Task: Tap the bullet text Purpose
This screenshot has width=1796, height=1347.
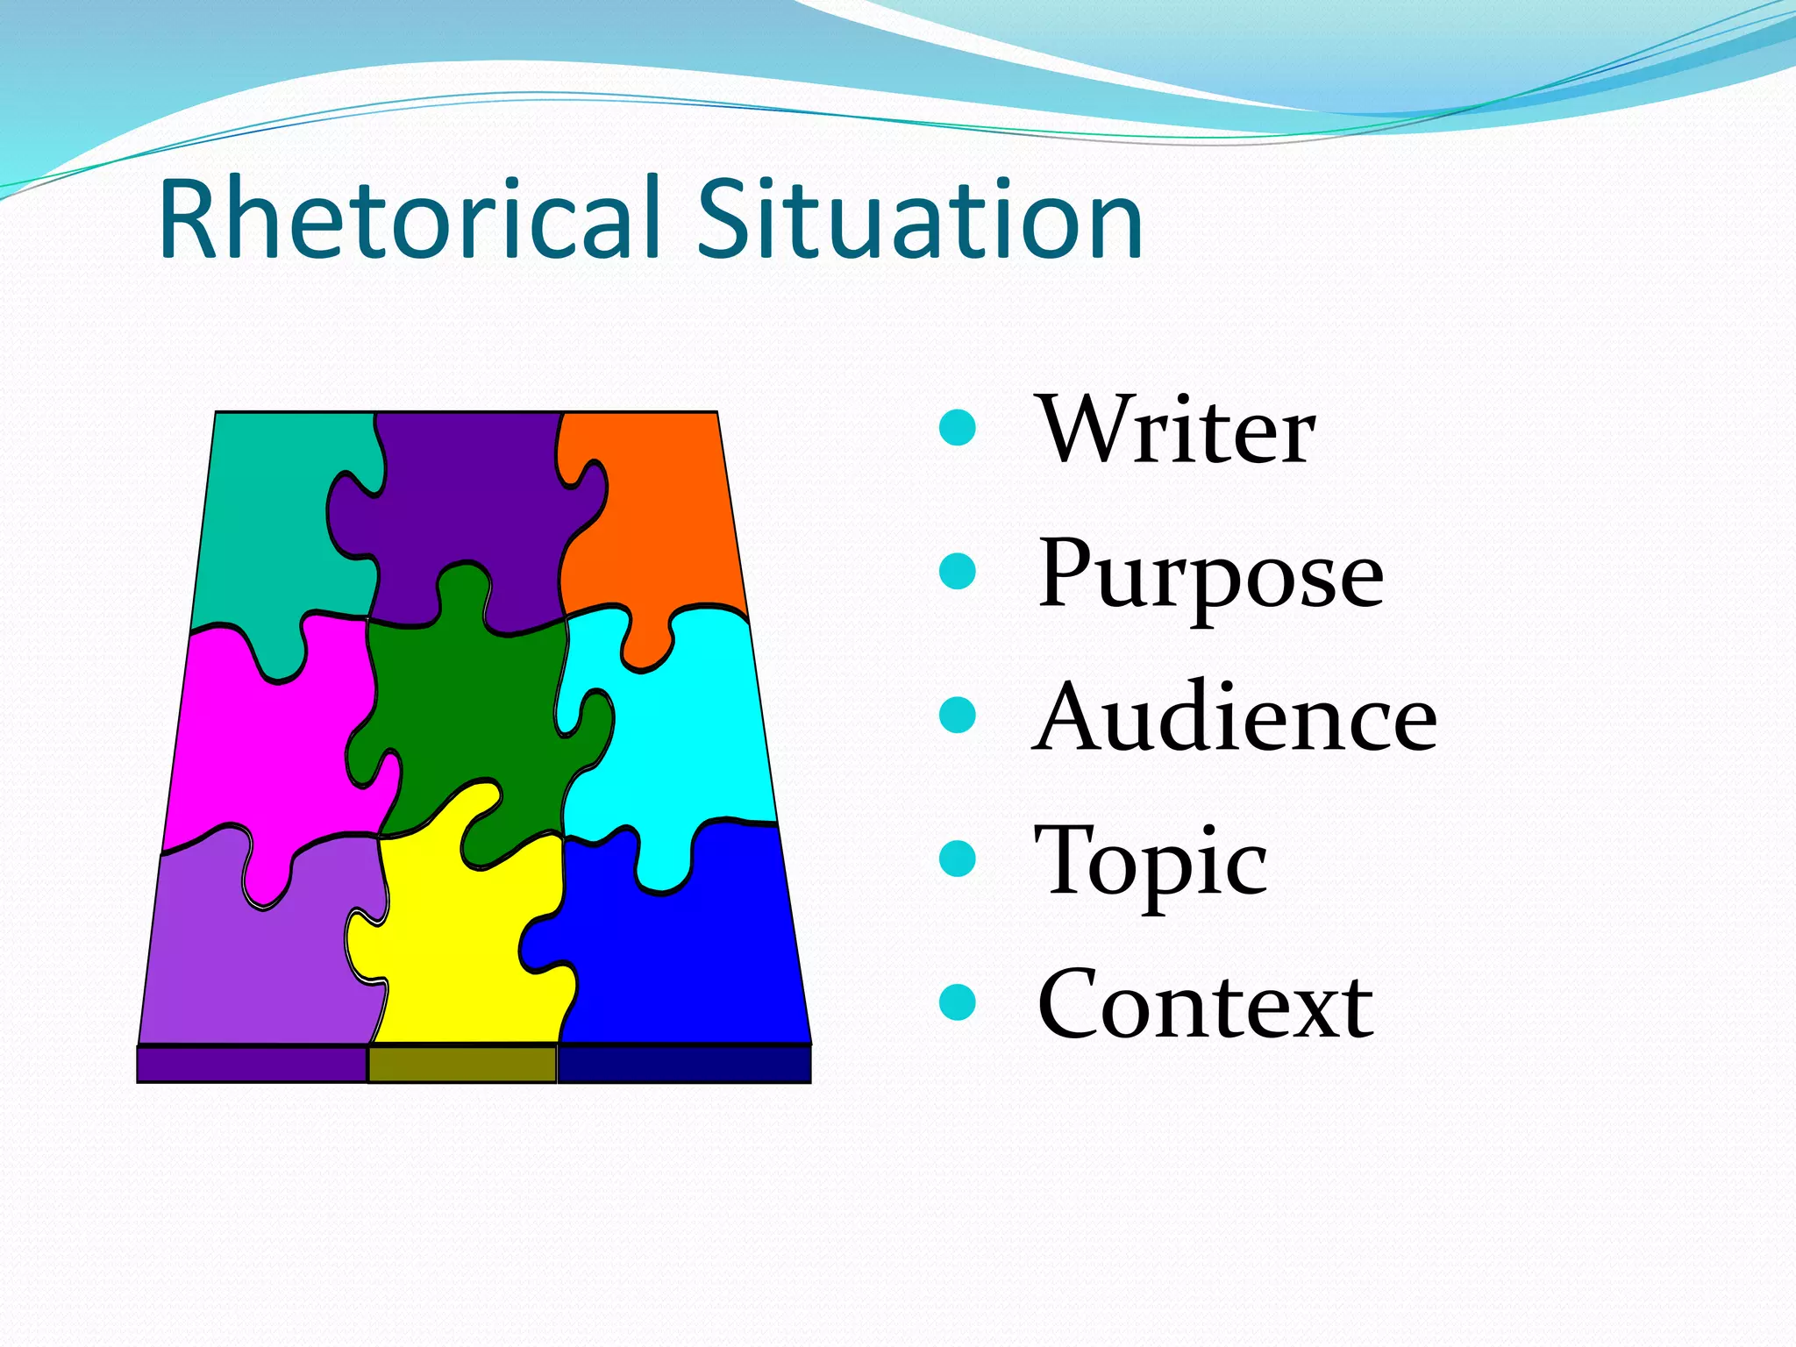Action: pyautogui.click(x=1210, y=574)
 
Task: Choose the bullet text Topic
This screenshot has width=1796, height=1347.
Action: pyautogui.click(x=1151, y=862)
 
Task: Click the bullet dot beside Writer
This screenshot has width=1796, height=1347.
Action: pyautogui.click(x=957, y=429)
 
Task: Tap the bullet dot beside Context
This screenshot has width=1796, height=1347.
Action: pyautogui.click(x=957, y=1003)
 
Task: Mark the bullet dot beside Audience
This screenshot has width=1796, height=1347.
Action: pyautogui.click(x=957, y=715)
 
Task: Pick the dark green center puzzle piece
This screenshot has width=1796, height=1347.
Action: pyautogui.click(x=465, y=702)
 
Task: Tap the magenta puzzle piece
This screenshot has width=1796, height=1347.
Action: pyautogui.click(x=263, y=745)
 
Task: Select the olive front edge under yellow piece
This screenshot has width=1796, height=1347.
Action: pyautogui.click(x=462, y=1065)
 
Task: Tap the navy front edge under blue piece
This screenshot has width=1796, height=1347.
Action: pyautogui.click(x=684, y=1065)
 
